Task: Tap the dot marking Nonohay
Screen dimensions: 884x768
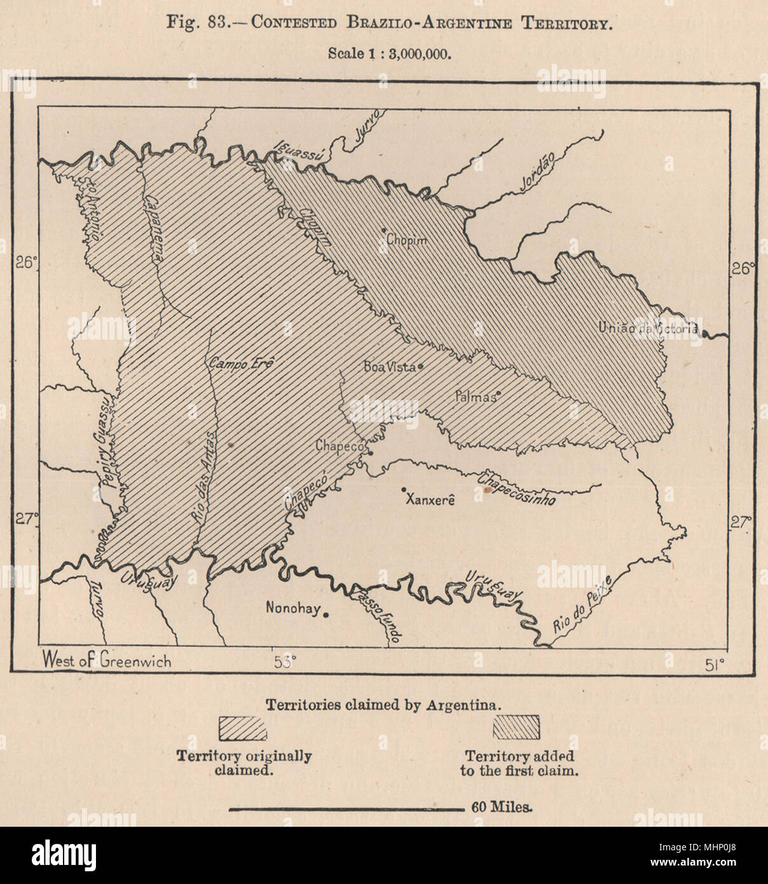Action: pos(326,614)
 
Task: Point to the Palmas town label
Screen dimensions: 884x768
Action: pos(475,397)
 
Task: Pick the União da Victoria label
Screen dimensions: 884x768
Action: pos(648,328)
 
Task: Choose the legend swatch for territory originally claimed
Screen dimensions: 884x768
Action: pos(243,728)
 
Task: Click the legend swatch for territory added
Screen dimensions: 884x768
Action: pos(516,728)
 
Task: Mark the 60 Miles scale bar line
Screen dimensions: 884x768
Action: pos(346,809)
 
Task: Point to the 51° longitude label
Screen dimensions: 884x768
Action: pos(715,665)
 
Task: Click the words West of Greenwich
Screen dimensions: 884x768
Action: pos(107,660)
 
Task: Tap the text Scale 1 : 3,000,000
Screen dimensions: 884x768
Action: pos(390,53)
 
